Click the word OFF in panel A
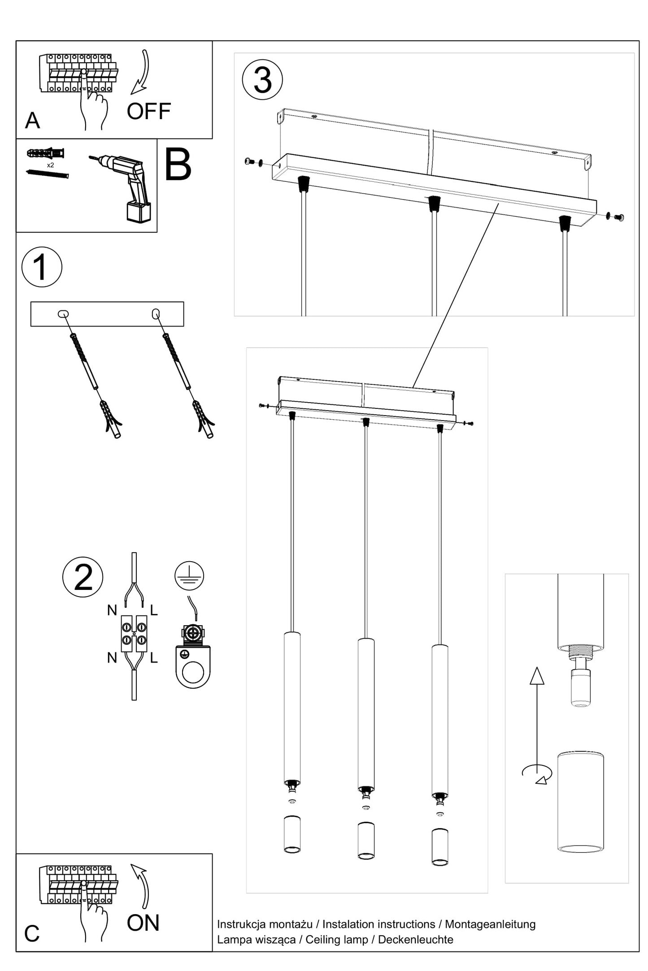click(148, 111)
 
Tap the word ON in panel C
click(143, 923)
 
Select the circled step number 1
click(42, 267)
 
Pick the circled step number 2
click(83, 577)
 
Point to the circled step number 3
click(262, 80)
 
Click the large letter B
click(178, 165)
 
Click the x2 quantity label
click(50, 165)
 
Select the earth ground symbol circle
click(189, 575)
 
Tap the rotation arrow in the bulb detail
click(537, 773)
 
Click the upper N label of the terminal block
click(112, 610)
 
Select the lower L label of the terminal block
click(154, 657)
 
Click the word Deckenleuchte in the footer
click(415, 939)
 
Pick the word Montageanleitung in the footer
click(490, 924)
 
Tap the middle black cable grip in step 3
click(433, 204)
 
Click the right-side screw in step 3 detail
click(619, 218)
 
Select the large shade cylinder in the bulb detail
click(580, 801)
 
